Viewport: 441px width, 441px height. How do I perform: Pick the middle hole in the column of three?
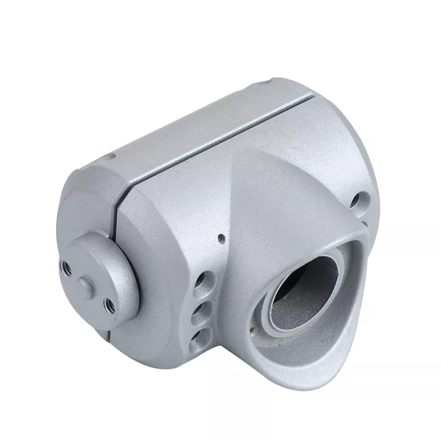pyautogui.click(x=202, y=307)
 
